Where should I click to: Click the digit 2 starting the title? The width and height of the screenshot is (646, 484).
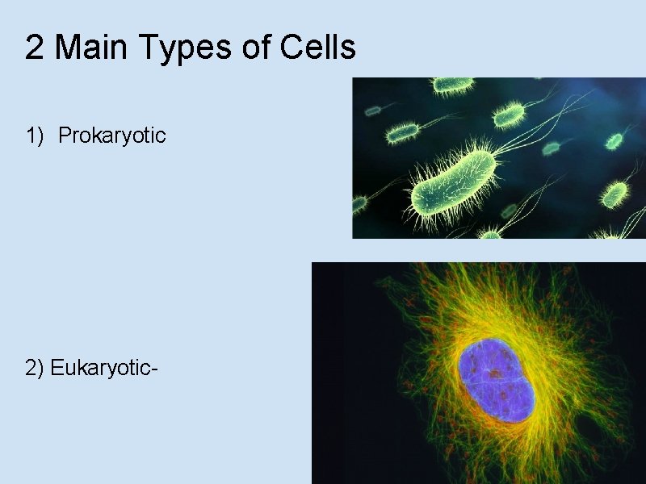tap(34, 48)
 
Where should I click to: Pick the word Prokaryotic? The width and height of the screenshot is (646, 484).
tap(112, 136)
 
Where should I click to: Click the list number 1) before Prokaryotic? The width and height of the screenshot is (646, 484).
tap(35, 136)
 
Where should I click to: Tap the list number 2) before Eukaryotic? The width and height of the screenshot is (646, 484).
tap(36, 369)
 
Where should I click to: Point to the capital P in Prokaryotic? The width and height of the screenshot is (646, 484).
tap(65, 135)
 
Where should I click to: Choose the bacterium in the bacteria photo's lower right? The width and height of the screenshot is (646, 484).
tap(615, 194)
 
